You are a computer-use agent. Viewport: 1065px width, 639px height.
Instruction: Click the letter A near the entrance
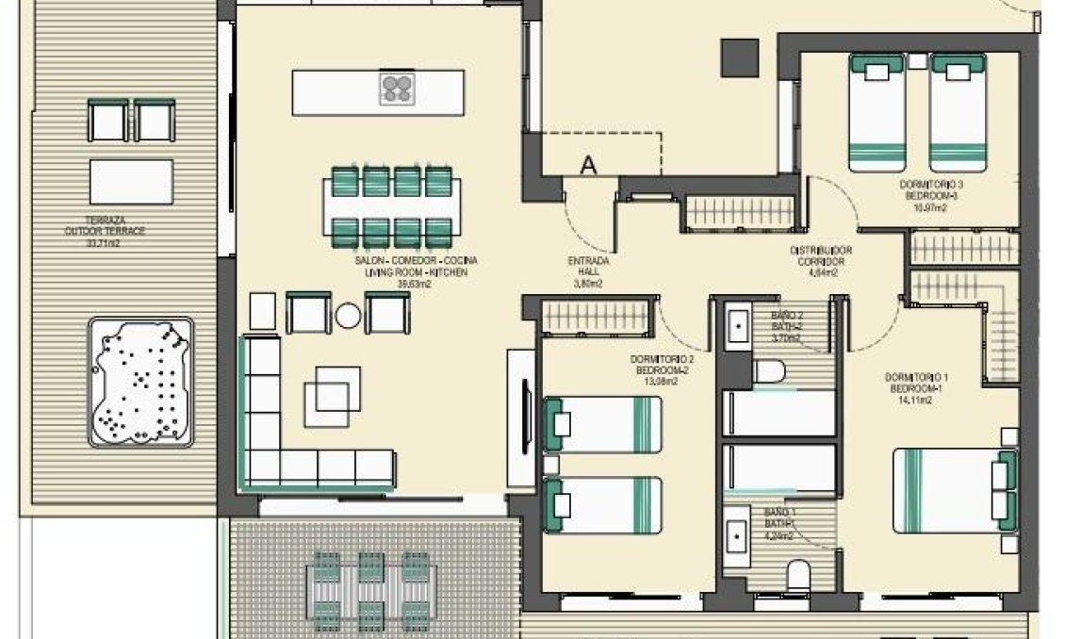(x=588, y=166)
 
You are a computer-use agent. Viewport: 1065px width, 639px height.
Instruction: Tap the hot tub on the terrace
(x=141, y=381)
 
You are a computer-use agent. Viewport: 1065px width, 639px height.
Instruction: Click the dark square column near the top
(x=741, y=57)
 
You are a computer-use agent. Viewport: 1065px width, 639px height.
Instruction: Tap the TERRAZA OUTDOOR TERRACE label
(x=105, y=230)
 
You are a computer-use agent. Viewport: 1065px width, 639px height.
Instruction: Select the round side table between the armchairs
(x=348, y=316)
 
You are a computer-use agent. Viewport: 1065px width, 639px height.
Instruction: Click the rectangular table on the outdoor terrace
(x=131, y=181)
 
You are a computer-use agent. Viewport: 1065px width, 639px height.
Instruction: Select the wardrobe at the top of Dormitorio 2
(x=597, y=314)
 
